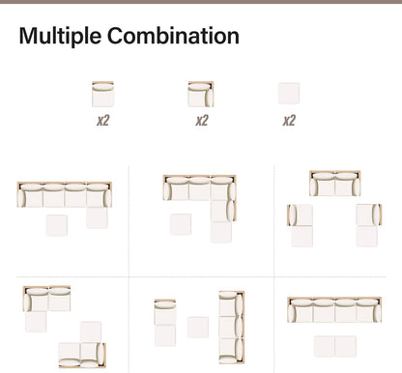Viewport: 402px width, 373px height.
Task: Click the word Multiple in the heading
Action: pos(60,37)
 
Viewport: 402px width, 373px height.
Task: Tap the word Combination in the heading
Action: pos(173,36)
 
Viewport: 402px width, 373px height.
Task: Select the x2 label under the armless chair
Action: pos(103,121)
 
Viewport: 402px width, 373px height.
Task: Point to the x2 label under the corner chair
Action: pos(202,121)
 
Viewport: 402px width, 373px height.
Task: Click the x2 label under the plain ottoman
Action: pos(289,121)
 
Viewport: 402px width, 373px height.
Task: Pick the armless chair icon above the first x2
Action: pos(102,94)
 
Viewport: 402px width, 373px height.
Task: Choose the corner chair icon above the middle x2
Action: pos(201,94)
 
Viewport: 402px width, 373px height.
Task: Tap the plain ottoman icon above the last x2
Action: pos(289,94)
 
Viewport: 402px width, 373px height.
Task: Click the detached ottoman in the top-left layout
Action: pos(57,225)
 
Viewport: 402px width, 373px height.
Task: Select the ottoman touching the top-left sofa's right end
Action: pos(97,217)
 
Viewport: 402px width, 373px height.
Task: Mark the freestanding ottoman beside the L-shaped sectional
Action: pos(181,224)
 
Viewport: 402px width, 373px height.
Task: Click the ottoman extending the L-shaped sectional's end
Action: pos(221,232)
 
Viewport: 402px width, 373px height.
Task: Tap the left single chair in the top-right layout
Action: pos(300,215)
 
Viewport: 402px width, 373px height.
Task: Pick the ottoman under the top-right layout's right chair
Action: pos(367,237)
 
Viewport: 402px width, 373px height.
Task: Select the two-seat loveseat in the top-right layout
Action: pos(335,184)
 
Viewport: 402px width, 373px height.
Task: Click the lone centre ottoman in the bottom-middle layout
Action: pos(198,328)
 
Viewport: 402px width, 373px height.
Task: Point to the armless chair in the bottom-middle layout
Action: pos(165,312)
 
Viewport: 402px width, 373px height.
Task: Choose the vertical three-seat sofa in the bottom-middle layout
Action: pos(232,328)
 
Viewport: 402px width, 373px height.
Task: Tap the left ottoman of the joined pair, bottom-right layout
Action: pos(325,346)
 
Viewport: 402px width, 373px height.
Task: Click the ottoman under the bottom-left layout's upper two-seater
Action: pos(36,322)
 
